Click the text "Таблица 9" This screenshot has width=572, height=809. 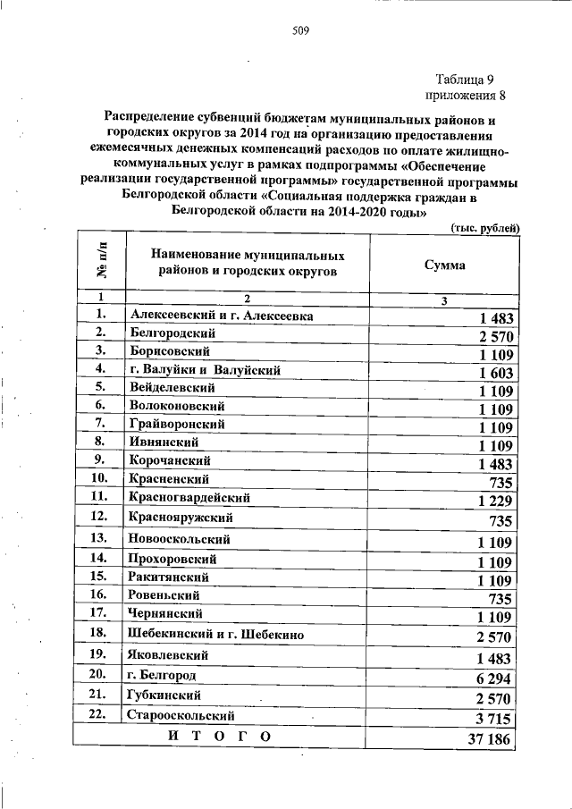pos(470,79)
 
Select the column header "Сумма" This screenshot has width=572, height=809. pos(443,265)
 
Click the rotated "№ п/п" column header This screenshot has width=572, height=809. pos(100,261)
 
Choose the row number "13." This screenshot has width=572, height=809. pos(99,538)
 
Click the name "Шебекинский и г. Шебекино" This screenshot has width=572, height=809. pos(216,635)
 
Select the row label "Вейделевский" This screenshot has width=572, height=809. pos(172,389)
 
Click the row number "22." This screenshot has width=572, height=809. pos(99,714)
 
